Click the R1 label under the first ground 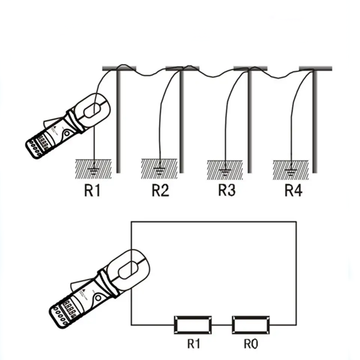tap(92, 191)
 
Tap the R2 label tap(161, 191)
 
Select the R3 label tap(227, 190)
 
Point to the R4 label tap(293, 190)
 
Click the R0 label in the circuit tap(251, 344)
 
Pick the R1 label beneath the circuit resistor tap(194, 343)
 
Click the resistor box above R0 tap(251, 325)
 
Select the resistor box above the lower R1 tap(193, 325)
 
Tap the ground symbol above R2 tap(159, 171)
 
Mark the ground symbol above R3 tap(225, 171)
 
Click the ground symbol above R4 tap(291, 171)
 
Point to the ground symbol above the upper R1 tap(94, 171)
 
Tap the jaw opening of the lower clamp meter tap(129, 270)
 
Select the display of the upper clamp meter tap(42, 143)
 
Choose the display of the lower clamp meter tap(70, 309)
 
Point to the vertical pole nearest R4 tap(315, 121)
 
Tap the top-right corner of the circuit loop tap(296, 222)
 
